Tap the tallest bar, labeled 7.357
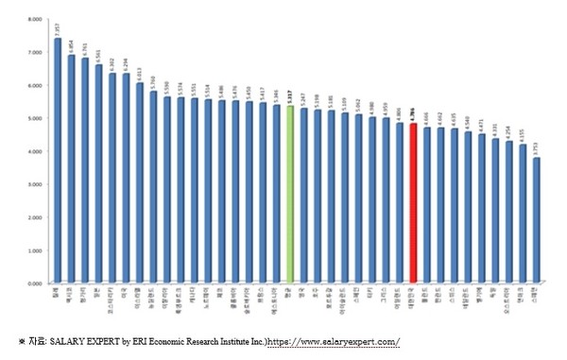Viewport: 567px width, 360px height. coord(58,161)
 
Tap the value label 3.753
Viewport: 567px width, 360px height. coord(537,148)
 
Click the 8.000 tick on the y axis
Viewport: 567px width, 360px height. coord(35,19)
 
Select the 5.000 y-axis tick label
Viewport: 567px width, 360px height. coord(35,118)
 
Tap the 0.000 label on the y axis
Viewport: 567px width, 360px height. coord(35,283)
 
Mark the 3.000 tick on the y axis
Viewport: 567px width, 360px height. coord(35,184)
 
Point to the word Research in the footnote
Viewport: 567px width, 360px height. coord(201,340)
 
